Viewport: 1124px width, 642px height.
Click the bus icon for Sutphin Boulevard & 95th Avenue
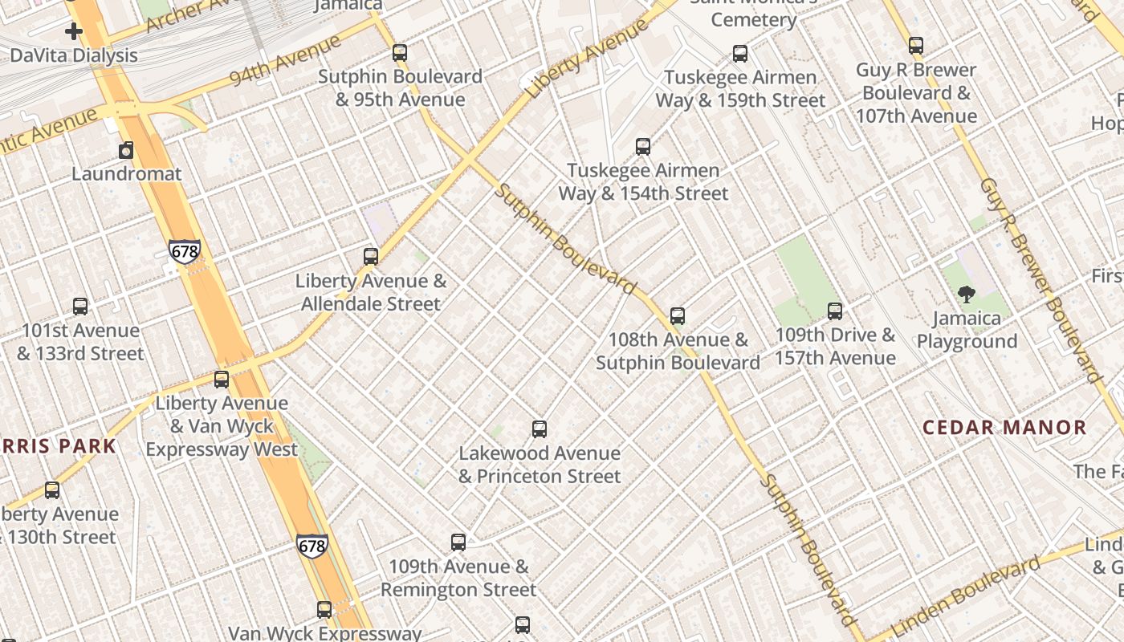(x=399, y=53)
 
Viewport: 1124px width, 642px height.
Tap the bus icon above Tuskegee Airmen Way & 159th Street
(x=740, y=54)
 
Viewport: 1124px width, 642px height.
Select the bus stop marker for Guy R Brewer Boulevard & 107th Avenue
(x=916, y=46)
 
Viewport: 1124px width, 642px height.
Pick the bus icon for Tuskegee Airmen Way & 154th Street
(x=643, y=146)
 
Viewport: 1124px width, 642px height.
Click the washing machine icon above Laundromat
(x=126, y=150)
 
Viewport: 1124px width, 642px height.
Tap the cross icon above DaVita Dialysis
(x=74, y=31)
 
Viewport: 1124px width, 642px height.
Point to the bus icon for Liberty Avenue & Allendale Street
(x=371, y=257)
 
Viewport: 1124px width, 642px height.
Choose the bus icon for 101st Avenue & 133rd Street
(x=80, y=306)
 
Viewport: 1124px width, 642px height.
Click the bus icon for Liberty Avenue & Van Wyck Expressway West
(x=222, y=379)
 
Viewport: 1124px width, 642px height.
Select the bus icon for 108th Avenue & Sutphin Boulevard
(x=678, y=316)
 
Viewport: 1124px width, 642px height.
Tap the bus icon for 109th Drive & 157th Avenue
(x=835, y=311)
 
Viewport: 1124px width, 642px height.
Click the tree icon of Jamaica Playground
(x=967, y=295)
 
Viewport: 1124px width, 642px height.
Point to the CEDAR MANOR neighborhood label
(x=1004, y=427)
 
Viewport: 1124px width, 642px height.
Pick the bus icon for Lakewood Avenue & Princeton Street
(x=540, y=429)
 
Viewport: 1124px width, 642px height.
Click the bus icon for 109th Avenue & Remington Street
(x=458, y=542)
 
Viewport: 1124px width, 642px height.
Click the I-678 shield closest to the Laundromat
(x=185, y=252)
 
